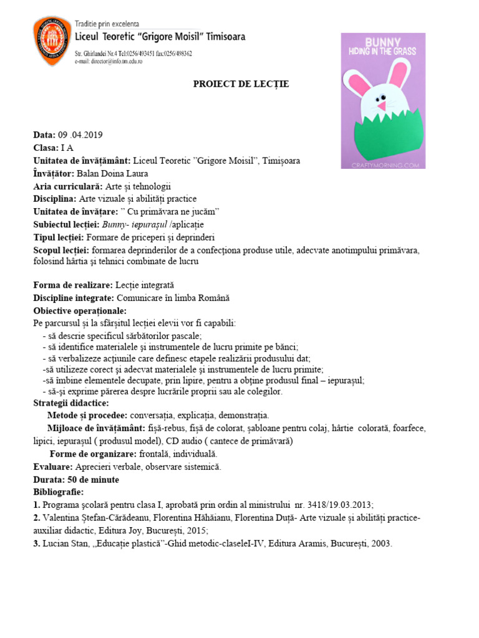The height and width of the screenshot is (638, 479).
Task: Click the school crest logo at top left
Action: pos(51,42)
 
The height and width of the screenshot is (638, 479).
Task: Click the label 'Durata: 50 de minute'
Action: pos(76,480)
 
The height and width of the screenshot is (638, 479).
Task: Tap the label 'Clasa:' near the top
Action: pos(46,148)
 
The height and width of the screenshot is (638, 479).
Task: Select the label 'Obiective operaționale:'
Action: pos(80,310)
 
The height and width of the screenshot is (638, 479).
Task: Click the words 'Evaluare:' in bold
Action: pos(53,467)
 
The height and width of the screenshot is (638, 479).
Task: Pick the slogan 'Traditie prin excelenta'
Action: pos(107,24)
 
